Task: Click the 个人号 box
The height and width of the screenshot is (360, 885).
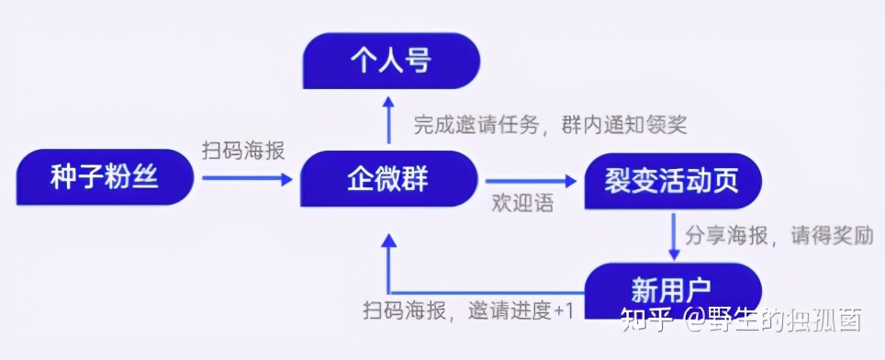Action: coord(391,62)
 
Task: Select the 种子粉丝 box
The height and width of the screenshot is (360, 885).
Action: coord(106,177)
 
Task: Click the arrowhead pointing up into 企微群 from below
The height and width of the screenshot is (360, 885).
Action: coord(389,241)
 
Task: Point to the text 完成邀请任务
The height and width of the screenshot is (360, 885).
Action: coord(478,123)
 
